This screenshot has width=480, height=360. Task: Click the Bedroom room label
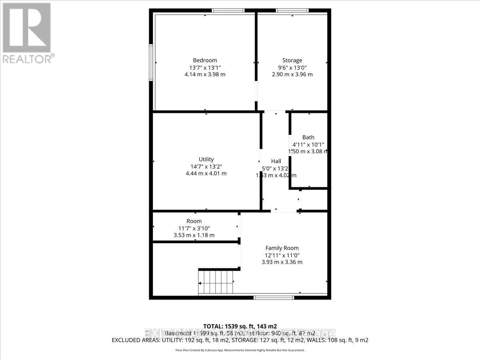tap(205, 60)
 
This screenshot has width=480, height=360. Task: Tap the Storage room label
tap(292, 60)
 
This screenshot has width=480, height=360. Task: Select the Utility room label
tap(206, 159)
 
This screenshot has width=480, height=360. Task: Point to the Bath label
tap(308, 138)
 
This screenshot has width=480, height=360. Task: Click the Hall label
tap(276, 161)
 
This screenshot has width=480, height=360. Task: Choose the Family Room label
tap(282, 248)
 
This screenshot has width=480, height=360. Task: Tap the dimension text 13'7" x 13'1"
tap(205, 67)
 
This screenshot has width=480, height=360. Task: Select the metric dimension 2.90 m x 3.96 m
tap(292, 74)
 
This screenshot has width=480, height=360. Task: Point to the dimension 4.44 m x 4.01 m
tap(206, 173)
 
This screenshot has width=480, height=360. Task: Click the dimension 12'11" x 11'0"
tap(282, 255)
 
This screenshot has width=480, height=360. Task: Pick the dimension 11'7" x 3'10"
tap(194, 228)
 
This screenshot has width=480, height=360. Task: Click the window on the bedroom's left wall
tap(151, 62)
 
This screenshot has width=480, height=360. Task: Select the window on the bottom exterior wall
tap(274, 297)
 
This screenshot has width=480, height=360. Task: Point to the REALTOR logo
tap(27, 32)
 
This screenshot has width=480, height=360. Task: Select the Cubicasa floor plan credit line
tap(240, 350)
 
